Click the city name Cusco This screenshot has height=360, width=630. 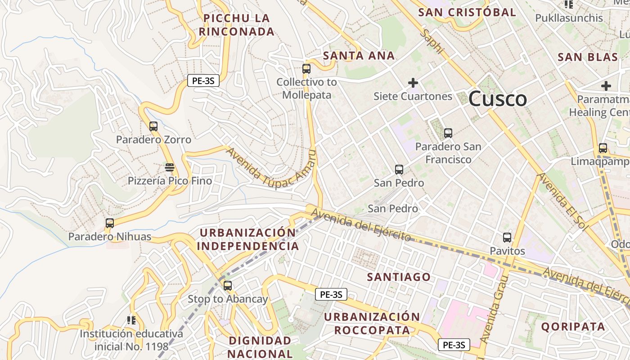pyautogui.click(x=497, y=99)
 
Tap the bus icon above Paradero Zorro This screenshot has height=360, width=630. pyautogui.click(x=153, y=126)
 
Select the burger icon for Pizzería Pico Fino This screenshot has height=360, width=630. pyautogui.click(x=170, y=167)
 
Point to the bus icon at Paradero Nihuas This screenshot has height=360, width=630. pyautogui.click(x=110, y=223)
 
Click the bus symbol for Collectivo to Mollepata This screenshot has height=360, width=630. pyautogui.click(x=306, y=69)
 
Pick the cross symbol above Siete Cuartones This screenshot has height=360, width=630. pyautogui.click(x=413, y=83)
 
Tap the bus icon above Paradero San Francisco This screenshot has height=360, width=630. pyautogui.click(x=448, y=133)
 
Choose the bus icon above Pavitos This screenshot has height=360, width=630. pyautogui.click(x=507, y=238)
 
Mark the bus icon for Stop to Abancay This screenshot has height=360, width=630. pyautogui.click(x=228, y=285)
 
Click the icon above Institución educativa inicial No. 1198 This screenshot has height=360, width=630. pyautogui.click(x=131, y=320)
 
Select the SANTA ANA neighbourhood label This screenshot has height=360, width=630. pyautogui.click(x=359, y=56)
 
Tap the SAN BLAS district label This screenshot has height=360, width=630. pyautogui.click(x=588, y=57)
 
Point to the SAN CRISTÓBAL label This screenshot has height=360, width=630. pyautogui.click(x=467, y=13)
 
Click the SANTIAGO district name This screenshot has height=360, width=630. pyautogui.click(x=399, y=277)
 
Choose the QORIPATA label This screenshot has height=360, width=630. pyautogui.click(x=573, y=327)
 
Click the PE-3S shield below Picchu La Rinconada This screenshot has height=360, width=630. pyautogui.click(x=203, y=81)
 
